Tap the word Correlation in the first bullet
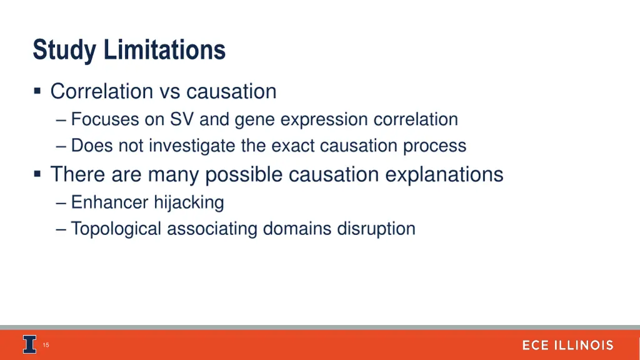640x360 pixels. pyautogui.click(x=101, y=92)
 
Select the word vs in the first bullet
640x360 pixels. pyautogui.click(x=169, y=92)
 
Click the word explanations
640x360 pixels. pyautogui.click(x=444, y=174)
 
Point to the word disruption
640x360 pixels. pyautogui.click(x=376, y=229)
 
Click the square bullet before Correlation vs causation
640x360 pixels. pyautogui.click(x=38, y=92)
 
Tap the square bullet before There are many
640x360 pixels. pyautogui.click(x=38, y=174)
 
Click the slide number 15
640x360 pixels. pyautogui.click(x=46, y=345)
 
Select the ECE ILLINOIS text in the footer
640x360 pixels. pyautogui.click(x=567, y=345)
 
